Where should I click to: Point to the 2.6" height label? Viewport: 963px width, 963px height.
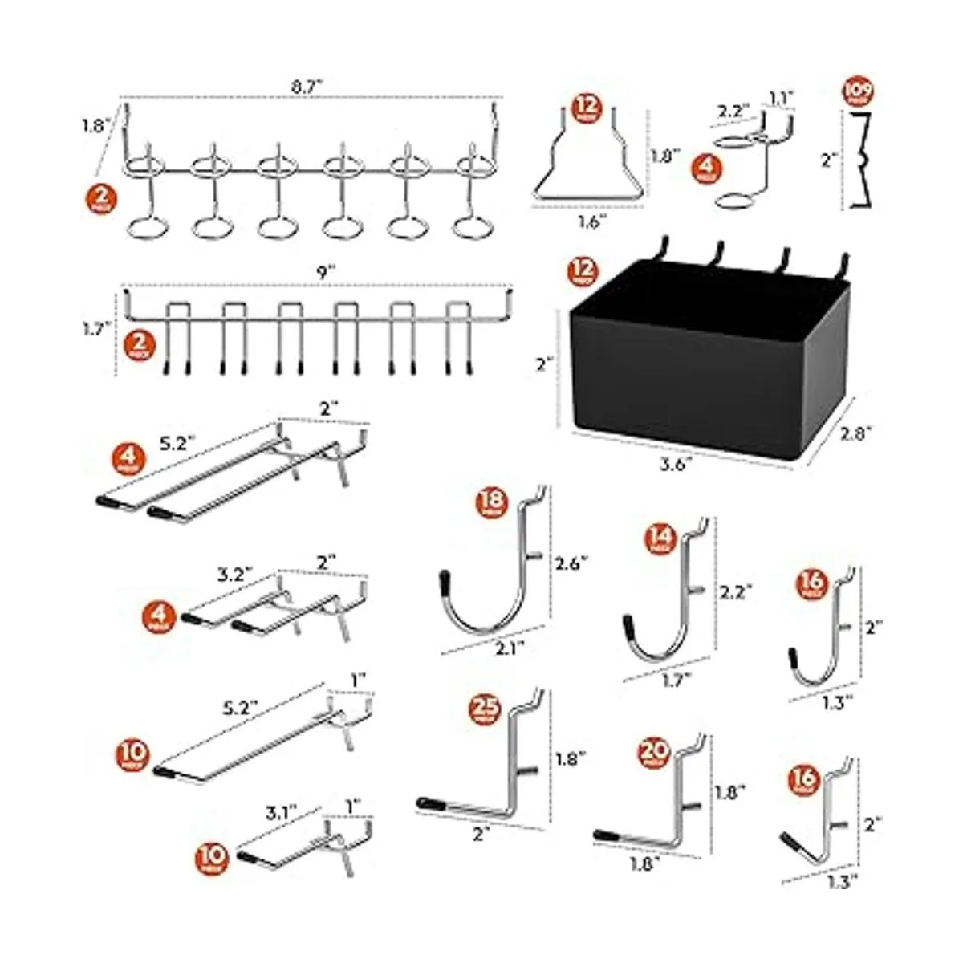coord(572,563)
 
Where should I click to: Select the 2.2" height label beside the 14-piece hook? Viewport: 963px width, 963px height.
coord(736,591)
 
